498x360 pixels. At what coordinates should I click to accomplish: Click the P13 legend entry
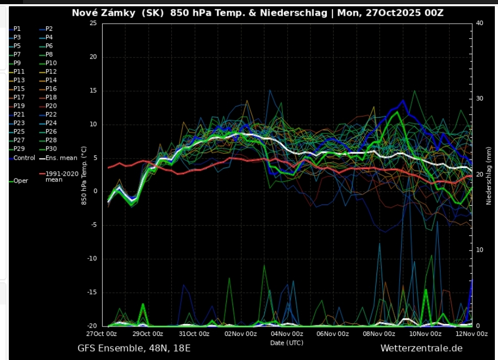pyautogui.click(x=19, y=80)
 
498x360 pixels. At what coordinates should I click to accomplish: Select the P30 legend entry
pyautogui.click(x=51, y=149)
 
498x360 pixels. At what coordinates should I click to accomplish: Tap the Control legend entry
pyautogui.click(x=24, y=157)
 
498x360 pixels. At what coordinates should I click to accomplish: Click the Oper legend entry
pyautogui.click(x=21, y=181)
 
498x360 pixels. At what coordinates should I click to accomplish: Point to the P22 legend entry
pyautogui.click(x=51, y=114)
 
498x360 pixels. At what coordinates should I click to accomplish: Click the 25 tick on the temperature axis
pyautogui.click(x=93, y=23)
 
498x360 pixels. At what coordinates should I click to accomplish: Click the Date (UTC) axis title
pyautogui.click(x=286, y=343)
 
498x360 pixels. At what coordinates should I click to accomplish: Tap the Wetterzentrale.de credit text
pyautogui.click(x=421, y=348)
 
